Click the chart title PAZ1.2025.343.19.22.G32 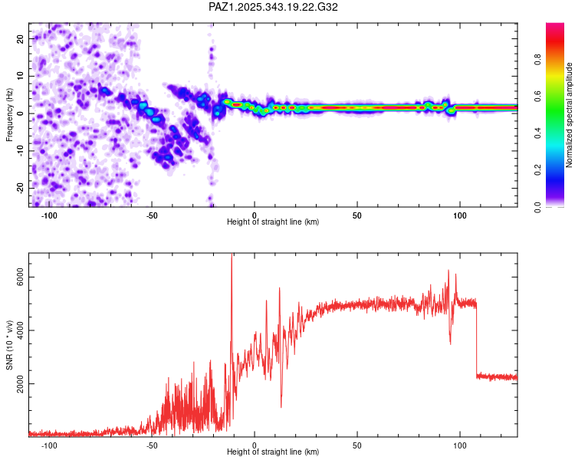click(x=273, y=7)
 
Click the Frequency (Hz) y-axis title click(x=9, y=115)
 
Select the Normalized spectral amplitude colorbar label click(x=570, y=115)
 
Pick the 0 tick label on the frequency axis click(x=23, y=113)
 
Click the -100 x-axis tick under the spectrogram click(x=49, y=215)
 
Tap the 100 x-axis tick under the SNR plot click(x=460, y=445)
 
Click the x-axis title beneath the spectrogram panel click(x=273, y=222)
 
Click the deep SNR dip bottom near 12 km click(x=281, y=406)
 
